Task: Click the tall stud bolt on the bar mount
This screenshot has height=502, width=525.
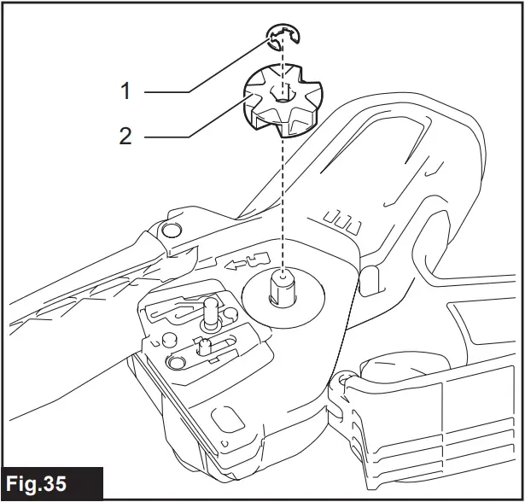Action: click(207, 311)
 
